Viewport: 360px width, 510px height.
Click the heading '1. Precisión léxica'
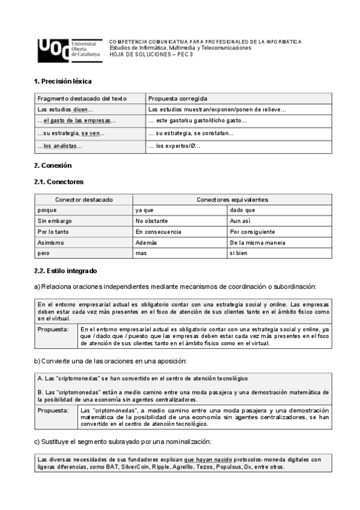tap(63, 81)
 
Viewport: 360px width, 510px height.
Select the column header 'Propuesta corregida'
tap(178, 98)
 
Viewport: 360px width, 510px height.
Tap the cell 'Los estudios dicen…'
tap(65, 109)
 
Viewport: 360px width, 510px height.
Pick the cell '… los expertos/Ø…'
tap(174, 146)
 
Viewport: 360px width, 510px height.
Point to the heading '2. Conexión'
tap(53, 165)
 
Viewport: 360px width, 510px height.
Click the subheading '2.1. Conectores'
tap(59, 181)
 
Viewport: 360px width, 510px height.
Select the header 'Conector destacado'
tap(84, 199)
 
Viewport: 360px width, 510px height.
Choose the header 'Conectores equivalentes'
tap(232, 199)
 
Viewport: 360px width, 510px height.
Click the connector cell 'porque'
tap(47, 210)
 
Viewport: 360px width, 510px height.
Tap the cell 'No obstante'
tap(152, 221)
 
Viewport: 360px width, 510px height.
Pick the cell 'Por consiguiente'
tap(252, 232)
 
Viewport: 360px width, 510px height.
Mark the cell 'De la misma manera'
tap(257, 242)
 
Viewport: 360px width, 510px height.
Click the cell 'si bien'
tap(239, 253)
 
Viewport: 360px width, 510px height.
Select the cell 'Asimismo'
tap(50, 242)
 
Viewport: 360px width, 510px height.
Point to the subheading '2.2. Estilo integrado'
tap(66, 271)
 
